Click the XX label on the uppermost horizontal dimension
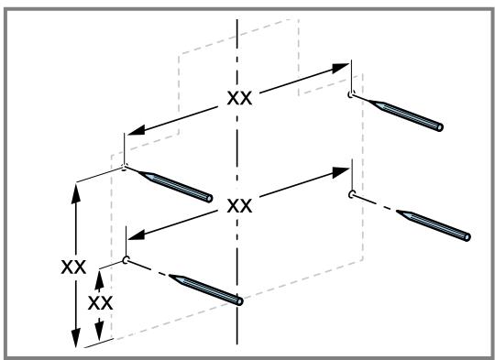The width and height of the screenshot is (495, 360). (x=239, y=98)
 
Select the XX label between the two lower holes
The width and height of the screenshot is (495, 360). (x=239, y=206)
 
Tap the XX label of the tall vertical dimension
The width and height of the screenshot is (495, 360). (x=73, y=267)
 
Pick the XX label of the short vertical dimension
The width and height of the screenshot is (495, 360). (x=100, y=303)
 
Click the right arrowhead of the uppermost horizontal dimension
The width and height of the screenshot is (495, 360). (x=340, y=68)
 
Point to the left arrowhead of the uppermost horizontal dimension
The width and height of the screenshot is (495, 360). (x=137, y=130)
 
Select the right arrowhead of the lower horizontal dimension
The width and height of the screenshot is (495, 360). (x=340, y=172)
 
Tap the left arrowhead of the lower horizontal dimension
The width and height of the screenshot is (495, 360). (x=137, y=235)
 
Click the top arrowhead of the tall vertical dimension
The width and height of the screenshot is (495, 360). (x=76, y=193)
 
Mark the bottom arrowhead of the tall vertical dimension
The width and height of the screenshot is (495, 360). (x=76, y=338)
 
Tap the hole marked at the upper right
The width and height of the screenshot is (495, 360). (x=351, y=94)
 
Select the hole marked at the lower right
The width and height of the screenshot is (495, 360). (x=351, y=194)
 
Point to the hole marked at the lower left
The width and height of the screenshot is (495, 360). (x=126, y=260)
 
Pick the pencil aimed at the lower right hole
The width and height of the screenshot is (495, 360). (x=434, y=225)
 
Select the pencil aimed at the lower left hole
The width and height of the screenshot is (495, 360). (x=206, y=290)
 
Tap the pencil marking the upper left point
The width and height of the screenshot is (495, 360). (x=175, y=187)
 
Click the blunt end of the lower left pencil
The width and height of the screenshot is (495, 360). (x=239, y=301)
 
